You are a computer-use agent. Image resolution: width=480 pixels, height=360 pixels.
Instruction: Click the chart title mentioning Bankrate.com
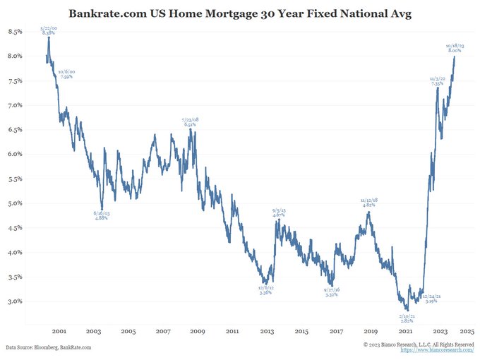click(x=240, y=13)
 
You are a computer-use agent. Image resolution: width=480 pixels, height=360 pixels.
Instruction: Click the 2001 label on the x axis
click(x=59, y=331)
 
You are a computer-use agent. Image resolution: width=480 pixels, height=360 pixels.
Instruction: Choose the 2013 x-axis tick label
click(x=267, y=331)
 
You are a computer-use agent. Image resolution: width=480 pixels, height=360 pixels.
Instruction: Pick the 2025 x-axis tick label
click(x=474, y=331)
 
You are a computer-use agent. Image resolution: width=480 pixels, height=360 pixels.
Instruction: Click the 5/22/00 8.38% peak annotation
click(x=49, y=30)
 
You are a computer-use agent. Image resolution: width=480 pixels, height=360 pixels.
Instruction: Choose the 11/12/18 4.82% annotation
click(x=368, y=203)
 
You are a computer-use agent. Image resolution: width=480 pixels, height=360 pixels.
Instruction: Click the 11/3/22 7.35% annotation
click(x=438, y=80)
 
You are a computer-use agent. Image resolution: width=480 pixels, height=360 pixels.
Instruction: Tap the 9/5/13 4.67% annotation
click(x=279, y=212)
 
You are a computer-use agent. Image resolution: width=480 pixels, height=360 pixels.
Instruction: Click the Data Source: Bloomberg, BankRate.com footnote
click(x=49, y=347)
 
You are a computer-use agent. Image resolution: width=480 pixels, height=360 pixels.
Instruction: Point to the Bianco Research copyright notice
click(x=419, y=344)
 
